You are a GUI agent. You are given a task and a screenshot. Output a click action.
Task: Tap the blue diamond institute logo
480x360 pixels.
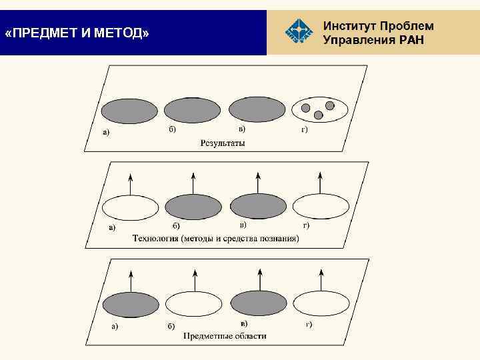(x=298, y=30)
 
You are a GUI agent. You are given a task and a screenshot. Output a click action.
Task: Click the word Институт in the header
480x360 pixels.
(x=349, y=26)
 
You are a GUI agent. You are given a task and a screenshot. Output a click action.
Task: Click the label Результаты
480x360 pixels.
(x=223, y=143)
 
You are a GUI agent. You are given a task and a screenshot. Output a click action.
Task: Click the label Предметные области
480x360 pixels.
(x=225, y=335)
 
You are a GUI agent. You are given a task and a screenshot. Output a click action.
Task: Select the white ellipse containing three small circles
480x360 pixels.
(x=321, y=109)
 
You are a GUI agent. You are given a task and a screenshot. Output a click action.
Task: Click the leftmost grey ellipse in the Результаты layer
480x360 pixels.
(x=129, y=110)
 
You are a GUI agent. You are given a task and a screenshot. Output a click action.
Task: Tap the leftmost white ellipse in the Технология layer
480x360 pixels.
(x=130, y=207)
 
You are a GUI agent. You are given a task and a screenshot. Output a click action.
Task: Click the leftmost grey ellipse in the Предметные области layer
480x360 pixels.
(x=130, y=303)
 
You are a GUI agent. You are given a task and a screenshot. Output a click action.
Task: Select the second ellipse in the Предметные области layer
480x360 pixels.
(x=193, y=304)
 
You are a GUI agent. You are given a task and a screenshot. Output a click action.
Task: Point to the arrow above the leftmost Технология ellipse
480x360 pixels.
(x=131, y=183)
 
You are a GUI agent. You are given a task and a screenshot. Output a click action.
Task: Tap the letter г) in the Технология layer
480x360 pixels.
(x=305, y=226)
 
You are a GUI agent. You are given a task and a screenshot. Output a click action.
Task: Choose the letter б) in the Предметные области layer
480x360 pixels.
(x=171, y=326)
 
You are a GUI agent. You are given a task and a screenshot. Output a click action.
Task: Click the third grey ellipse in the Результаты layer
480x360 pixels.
(x=257, y=109)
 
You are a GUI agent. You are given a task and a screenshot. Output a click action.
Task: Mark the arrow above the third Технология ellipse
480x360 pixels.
(x=258, y=183)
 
